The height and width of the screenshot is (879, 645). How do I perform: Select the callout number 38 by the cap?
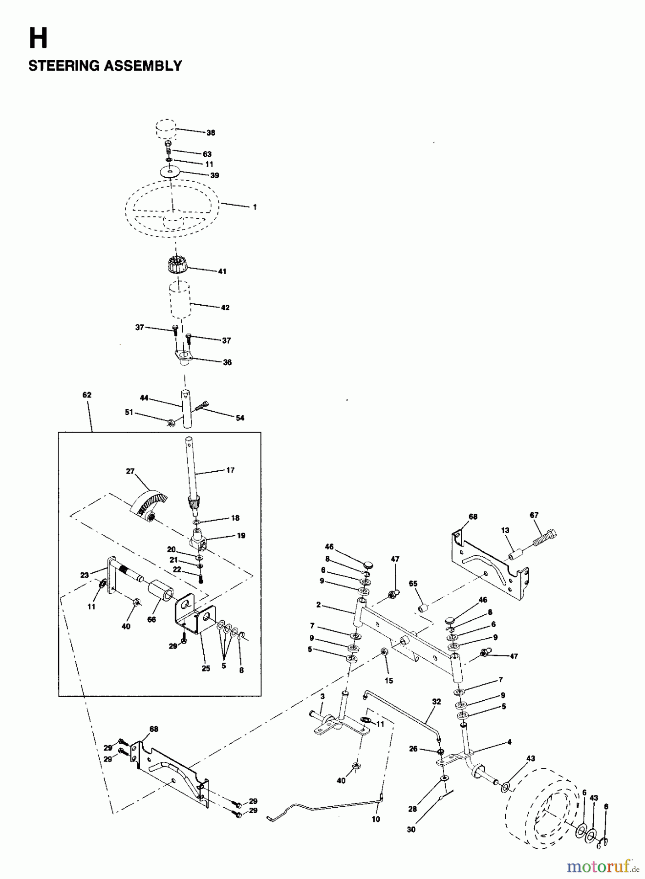[211, 132]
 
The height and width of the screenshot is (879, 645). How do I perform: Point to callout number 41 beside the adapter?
[222, 271]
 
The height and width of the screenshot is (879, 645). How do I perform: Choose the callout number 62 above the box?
[87, 395]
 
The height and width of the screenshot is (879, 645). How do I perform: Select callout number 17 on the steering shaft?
[230, 470]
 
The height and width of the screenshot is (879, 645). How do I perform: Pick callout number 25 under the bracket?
[206, 668]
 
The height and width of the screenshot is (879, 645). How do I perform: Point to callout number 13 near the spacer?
[505, 530]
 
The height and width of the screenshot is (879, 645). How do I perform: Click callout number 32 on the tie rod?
[436, 701]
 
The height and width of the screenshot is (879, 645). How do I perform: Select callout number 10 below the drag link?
[375, 819]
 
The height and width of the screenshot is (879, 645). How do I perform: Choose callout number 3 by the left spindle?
[322, 696]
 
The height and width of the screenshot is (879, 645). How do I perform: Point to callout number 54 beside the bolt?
[240, 418]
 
